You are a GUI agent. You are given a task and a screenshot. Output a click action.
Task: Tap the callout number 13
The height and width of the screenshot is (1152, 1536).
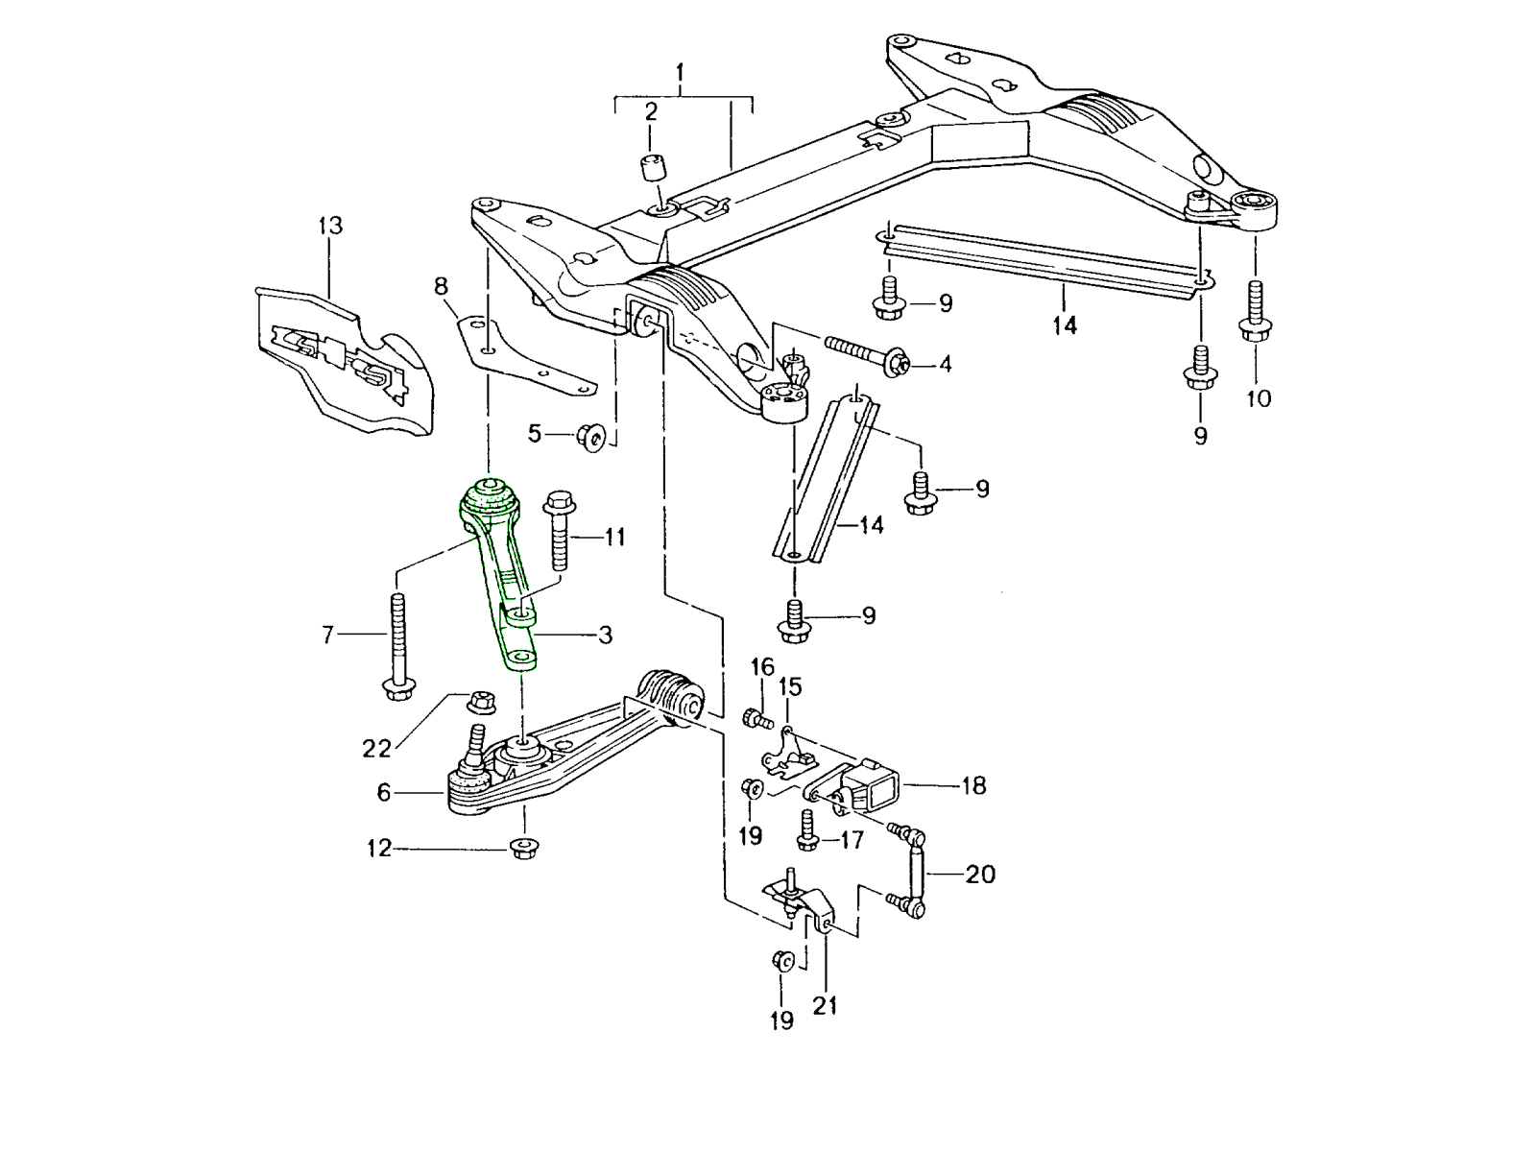(329, 227)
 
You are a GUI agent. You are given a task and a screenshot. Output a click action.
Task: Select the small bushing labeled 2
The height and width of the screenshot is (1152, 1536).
(653, 172)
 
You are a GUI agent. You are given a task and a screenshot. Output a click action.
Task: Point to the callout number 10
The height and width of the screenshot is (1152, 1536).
(1258, 397)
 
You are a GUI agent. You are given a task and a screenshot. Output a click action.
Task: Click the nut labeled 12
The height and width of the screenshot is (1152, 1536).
(524, 848)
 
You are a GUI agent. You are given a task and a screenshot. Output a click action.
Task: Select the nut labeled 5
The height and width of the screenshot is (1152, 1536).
(589, 439)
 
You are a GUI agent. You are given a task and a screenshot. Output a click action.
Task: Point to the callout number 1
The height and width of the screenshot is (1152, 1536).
(680, 72)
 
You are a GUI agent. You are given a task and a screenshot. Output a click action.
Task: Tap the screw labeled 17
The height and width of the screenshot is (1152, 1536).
(806, 831)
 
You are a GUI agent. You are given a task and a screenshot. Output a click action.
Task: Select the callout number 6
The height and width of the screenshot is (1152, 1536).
(384, 792)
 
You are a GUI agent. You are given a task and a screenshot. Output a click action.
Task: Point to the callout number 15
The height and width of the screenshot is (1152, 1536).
(789, 686)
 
